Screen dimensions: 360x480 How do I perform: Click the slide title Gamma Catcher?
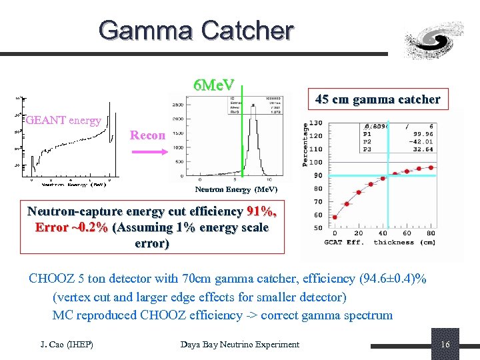(x=195, y=30)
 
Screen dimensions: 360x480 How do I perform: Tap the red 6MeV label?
(x=213, y=85)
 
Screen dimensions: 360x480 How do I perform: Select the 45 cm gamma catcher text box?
(x=377, y=99)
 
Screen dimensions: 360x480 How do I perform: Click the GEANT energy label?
(x=63, y=121)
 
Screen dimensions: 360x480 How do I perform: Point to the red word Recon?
(x=147, y=135)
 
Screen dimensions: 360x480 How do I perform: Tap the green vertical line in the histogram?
(x=243, y=133)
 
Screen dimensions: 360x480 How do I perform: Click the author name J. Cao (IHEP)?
(x=67, y=344)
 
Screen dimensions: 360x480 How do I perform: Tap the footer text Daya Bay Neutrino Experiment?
(x=240, y=344)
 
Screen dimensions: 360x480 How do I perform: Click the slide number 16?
(x=445, y=344)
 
